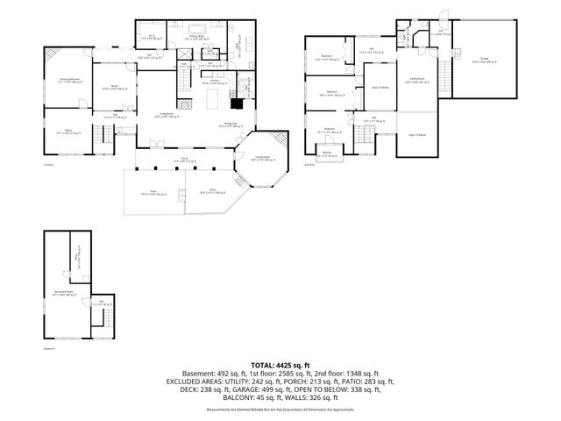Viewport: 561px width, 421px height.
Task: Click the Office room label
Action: coord(64,132)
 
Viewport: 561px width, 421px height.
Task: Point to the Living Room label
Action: coord(167,115)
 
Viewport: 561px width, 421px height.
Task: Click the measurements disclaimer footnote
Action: coord(280,410)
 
